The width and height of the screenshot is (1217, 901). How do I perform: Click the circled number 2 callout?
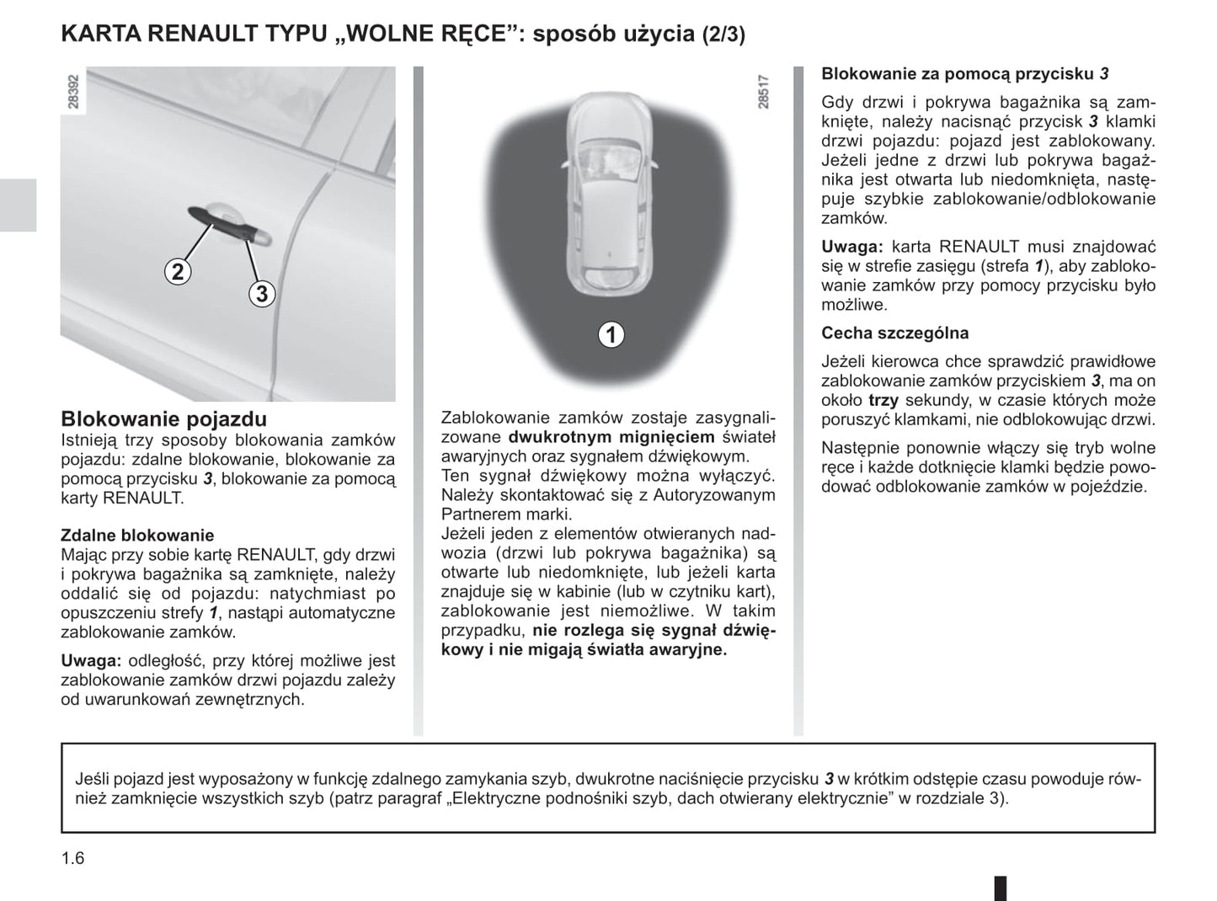coord(178,271)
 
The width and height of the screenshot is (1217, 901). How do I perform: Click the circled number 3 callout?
coord(262,293)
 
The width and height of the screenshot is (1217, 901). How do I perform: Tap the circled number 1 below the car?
coord(611,334)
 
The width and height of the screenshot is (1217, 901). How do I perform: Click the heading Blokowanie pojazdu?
coord(164,419)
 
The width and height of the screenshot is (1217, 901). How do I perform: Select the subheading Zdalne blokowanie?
coord(137,536)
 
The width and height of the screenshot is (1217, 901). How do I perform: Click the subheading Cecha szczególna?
coord(883,333)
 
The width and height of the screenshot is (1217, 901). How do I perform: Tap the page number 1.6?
coord(73,858)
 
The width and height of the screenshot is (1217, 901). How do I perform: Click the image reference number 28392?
coord(73,91)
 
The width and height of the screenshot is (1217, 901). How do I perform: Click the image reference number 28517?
coord(763,91)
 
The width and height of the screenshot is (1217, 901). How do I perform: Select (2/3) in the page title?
coord(723,35)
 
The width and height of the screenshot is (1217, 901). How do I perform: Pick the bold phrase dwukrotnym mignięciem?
coord(611,437)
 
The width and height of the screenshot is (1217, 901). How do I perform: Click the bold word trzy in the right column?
coord(883,401)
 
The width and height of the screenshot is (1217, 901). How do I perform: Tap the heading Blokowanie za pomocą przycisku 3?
coord(965,74)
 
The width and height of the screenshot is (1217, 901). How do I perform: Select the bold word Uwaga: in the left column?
coord(92,661)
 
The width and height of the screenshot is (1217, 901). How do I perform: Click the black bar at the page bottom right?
coord(1001,888)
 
